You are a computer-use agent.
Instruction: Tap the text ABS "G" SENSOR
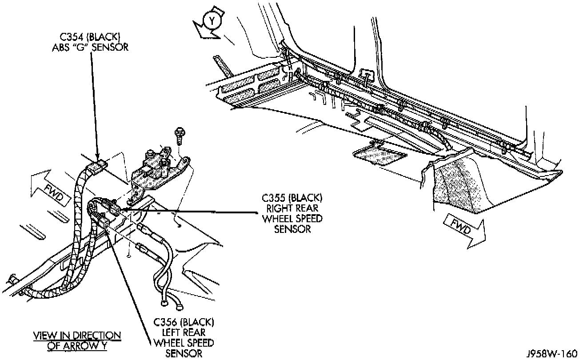[x=90, y=46]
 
